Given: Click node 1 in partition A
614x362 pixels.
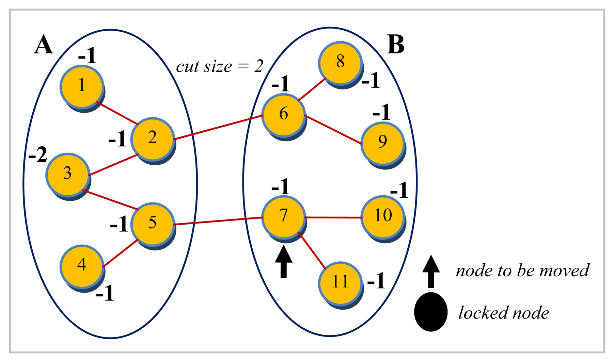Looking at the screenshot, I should click(81, 86).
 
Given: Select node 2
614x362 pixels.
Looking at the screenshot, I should click(153, 138).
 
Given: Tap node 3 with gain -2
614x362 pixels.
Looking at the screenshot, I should click(67, 174).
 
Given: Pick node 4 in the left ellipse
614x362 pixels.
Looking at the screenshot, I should click(81, 265).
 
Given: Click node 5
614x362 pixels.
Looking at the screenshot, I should click(153, 223).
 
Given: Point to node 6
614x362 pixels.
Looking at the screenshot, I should click(283, 114).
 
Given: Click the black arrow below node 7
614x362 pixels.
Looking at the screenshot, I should click(283, 262).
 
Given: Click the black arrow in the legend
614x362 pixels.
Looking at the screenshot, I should click(431, 271).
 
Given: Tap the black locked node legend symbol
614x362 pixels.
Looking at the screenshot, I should click(430, 312).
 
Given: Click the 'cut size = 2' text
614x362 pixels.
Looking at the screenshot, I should click(219, 66).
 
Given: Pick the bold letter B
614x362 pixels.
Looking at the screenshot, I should click(396, 45).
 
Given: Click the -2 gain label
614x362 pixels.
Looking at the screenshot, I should click(38, 155).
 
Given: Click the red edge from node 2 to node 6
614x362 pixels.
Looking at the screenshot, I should click(218, 128).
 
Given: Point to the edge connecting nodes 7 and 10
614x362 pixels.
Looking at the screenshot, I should click(332, 217).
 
